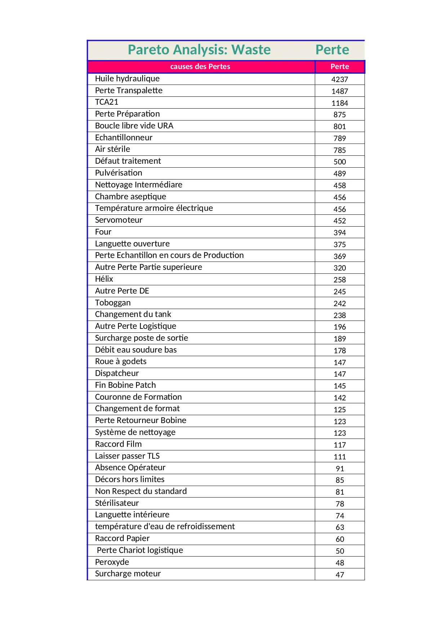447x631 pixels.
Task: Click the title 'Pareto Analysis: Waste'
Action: coord(199,50)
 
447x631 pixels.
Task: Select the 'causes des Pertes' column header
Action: coord(200,67)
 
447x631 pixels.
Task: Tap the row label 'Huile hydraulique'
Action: coord(127,79)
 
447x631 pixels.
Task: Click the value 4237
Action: coord(340,80)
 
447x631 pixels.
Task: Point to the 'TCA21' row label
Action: coord(107,102)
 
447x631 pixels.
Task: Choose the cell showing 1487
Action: coord(340,91)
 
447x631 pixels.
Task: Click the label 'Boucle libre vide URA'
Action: coord(134,126)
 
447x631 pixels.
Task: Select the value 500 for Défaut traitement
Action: coord(340,162)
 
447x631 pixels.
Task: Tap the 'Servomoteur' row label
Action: coord(119,220)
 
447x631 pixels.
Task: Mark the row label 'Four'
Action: coord(103,232)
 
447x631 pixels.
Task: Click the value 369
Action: coord(340,257)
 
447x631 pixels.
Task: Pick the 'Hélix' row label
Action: coord(104,279)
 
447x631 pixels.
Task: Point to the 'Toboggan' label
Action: coord(113,303)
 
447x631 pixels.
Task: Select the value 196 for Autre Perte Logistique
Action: coord(340,327)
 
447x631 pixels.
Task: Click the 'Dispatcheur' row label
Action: coord(117,373)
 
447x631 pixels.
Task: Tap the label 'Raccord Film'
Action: coord(118,444)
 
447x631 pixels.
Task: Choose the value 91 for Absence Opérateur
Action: coord(340,469)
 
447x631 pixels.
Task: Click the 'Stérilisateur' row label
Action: coord(117,503)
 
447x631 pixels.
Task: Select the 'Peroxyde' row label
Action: coord(112,562)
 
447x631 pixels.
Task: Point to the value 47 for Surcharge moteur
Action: coord(340,575)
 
